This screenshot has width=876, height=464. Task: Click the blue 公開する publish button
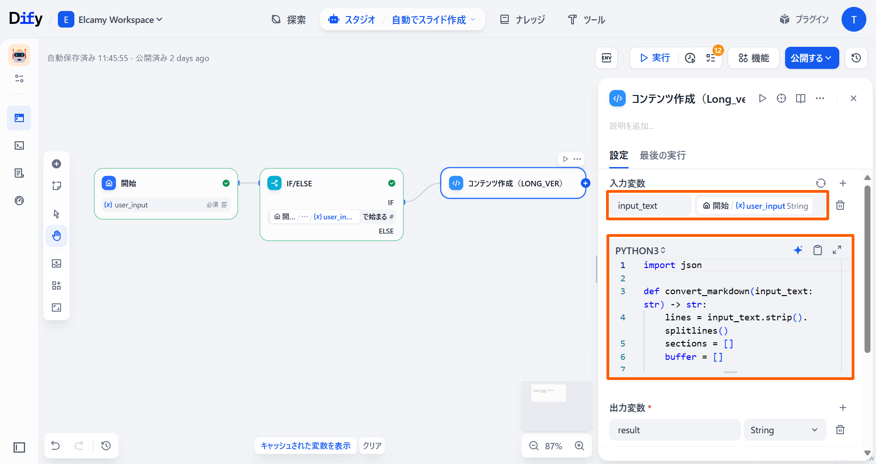[812, 58]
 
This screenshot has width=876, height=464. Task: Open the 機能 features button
[753, 58]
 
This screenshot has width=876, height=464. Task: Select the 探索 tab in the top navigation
[289, 20]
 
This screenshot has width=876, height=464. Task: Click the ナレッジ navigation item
[522, 20]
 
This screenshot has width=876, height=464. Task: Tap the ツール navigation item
[587, 20]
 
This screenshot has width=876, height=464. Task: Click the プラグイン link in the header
[804, 19]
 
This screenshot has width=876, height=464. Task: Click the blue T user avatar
[854, 19]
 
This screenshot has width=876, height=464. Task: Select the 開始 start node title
[129, 184]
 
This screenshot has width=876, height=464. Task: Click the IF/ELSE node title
[299, 184]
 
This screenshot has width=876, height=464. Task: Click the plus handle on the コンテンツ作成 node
[585, 183]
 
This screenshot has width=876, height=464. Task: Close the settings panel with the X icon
[854, 98]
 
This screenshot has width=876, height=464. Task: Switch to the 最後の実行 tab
[663, 156]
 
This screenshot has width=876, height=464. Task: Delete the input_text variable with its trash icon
[840, 205]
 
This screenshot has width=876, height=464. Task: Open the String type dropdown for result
[785, 430]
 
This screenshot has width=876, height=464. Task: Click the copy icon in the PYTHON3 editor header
[818, 250]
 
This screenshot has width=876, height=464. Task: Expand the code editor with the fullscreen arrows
[837, 250]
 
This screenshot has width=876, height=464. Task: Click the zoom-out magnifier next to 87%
[533, 446]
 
